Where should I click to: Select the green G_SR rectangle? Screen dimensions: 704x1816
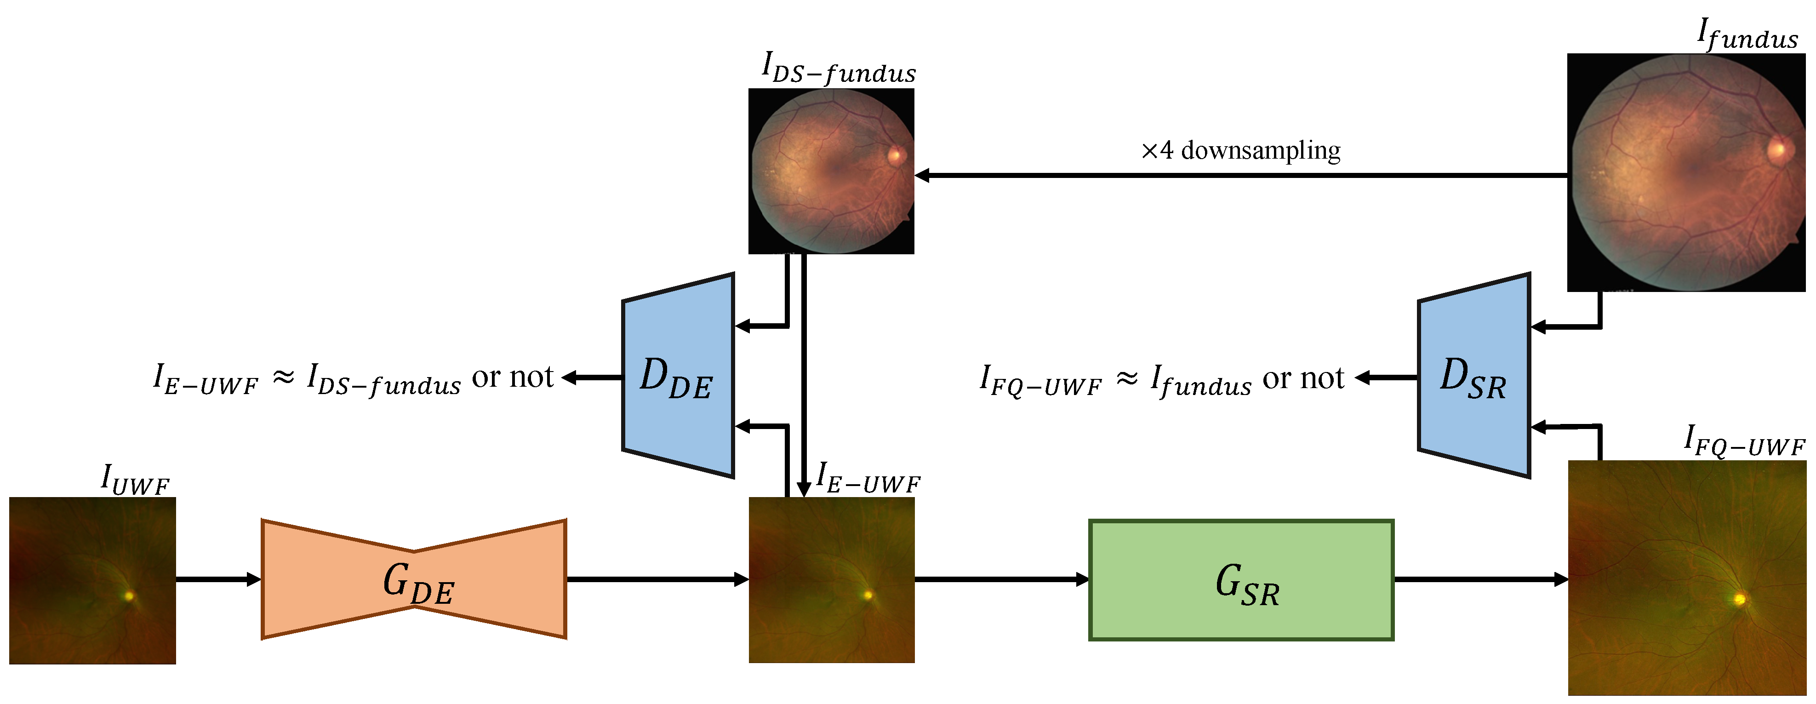[x=1241, y=580]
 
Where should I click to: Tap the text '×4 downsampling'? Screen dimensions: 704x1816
[x=1241, y=150]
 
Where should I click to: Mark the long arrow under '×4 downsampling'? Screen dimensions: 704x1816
[x=1241, y=175]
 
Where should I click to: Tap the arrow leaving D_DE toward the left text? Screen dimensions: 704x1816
[x=592, y=378]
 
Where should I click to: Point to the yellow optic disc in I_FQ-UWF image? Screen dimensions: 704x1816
[x=1739, y=600]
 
